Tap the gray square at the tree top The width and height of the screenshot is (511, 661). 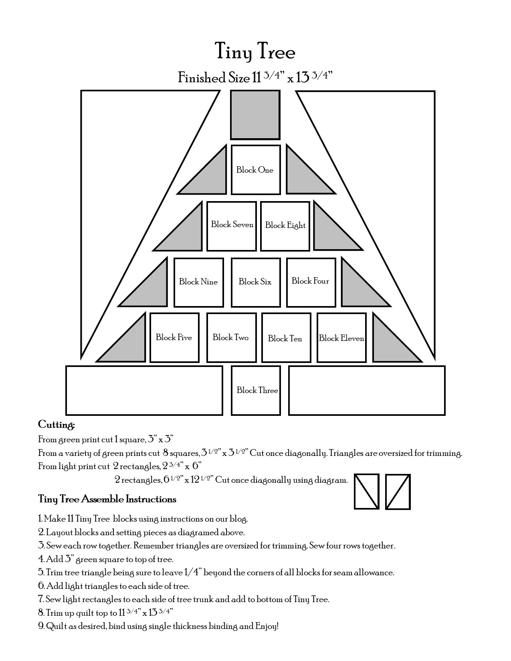coord(255,115)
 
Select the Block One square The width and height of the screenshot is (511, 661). coord(255,170)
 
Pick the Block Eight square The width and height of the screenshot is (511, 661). coord(285,226)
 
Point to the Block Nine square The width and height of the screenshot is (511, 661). coord(198,282)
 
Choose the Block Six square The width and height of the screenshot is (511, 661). coord(255,282)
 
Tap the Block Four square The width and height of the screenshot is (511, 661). coord(311,281)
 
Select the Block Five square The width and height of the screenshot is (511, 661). coord(174,338)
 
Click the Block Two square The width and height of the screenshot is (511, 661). coord(231,338)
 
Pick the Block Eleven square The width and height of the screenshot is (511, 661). coord(341,338)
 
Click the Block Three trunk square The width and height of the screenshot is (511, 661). coord(256,390)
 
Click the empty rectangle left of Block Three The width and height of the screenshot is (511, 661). coord(144,390)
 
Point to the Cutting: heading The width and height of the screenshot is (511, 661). coord(57,425)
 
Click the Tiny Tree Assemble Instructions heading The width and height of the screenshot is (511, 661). coord(107,499)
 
